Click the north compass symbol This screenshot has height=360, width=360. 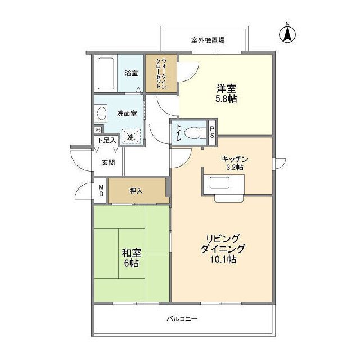[287, 34]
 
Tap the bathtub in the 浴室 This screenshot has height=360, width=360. [106, 74]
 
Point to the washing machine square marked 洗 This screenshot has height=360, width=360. [131, 136]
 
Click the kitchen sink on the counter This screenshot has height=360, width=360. [220, 182]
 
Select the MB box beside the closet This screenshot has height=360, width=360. [100, 191]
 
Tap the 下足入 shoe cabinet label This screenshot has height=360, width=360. [106, 140]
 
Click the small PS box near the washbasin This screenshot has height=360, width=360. [98, 130]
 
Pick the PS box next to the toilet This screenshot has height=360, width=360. [212, 132]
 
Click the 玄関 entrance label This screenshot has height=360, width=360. [109, 163]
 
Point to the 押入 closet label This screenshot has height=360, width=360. [136, 191]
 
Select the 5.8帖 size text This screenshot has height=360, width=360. [226, 99]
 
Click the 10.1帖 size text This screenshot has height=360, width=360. [223, 259]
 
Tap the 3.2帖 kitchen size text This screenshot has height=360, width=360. [235, 167]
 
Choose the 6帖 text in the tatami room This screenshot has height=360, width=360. [131, 263]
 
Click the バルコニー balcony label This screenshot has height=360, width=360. [182, 319]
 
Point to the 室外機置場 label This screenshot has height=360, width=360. [208, 40]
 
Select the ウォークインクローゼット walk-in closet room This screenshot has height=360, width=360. [161, 74]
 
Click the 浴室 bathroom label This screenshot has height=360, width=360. [131, 73]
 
